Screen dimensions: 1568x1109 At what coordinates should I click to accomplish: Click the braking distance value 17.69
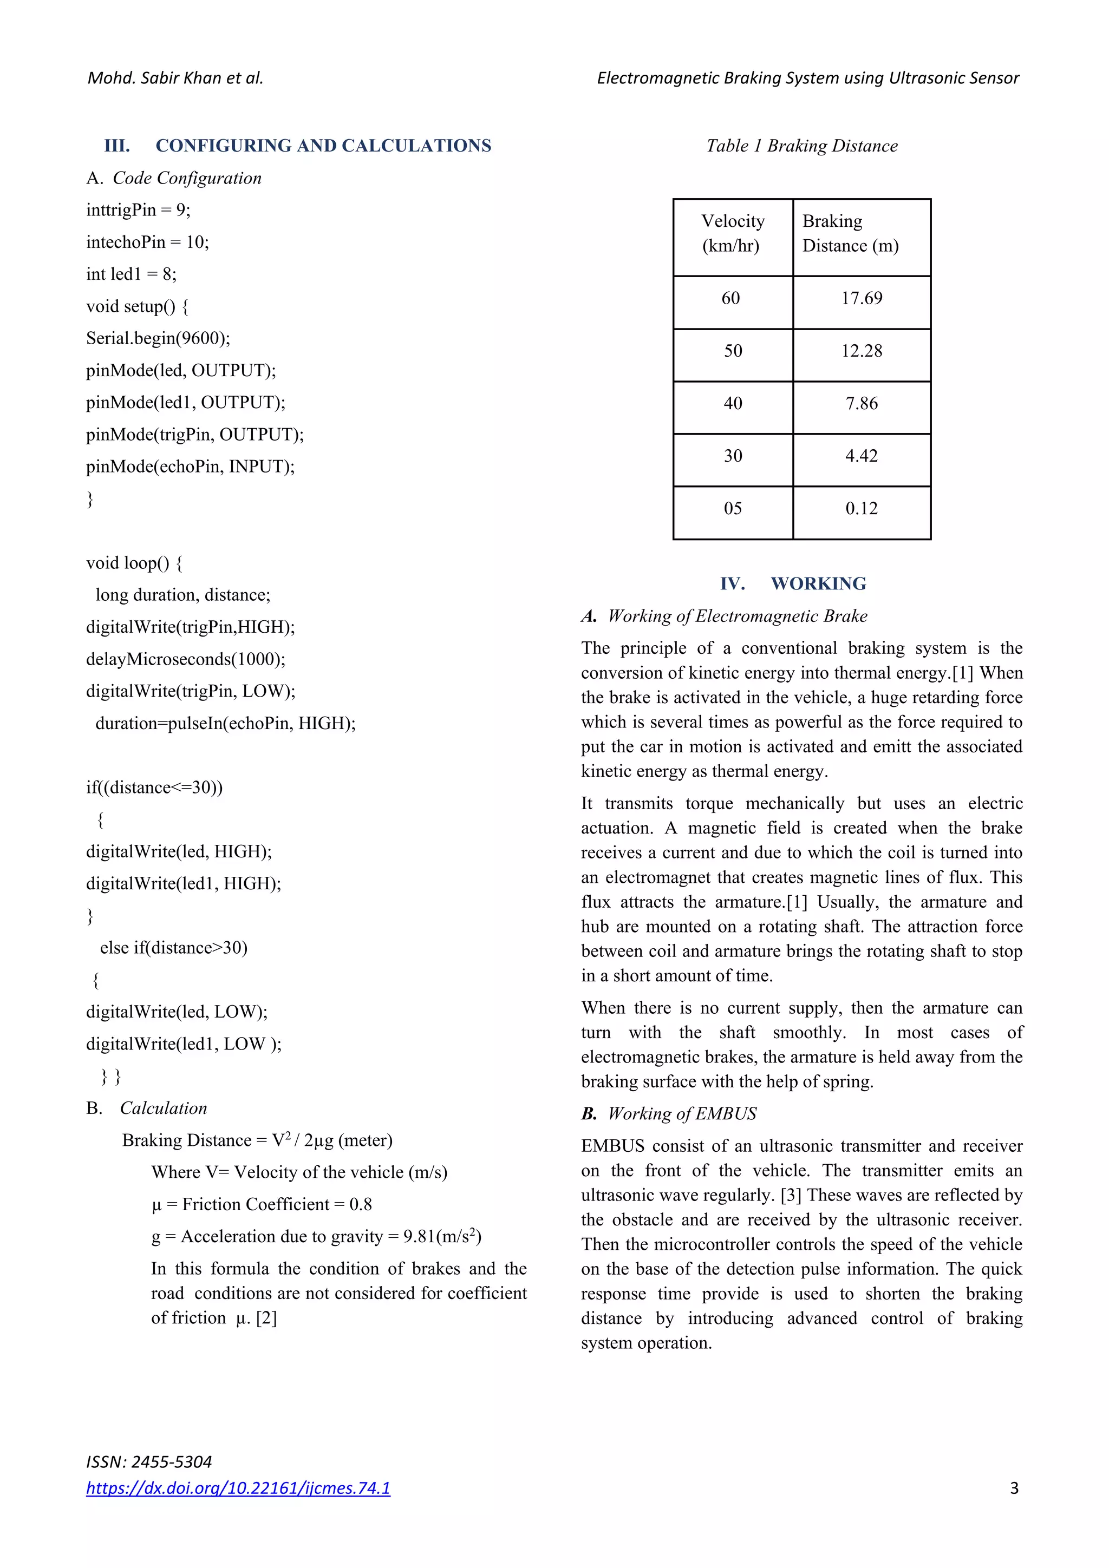pos(861,298)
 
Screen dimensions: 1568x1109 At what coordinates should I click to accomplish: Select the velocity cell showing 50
pos(733,351)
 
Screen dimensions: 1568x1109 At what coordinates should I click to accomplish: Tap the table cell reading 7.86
pos(861,404)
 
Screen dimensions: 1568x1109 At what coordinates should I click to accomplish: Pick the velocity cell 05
pos(733,509)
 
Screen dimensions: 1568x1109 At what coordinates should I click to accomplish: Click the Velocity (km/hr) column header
pos(733,234)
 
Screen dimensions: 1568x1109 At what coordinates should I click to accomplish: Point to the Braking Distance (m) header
pos(850,234)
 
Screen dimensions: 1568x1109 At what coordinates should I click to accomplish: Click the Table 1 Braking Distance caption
pos(801,146)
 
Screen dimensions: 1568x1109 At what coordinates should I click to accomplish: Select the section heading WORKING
pos(818,584)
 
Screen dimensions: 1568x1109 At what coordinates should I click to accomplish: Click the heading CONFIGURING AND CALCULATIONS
pos(323,146)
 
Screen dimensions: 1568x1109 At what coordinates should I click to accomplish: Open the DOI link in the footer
pos(238,1488)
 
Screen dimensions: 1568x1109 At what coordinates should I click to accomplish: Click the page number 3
pos(1014,1488)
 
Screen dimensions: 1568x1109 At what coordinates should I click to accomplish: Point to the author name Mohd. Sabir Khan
pos(175,78)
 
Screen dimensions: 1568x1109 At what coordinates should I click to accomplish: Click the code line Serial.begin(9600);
pos(158,339)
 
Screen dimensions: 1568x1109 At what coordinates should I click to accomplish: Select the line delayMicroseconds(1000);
pos(185,660)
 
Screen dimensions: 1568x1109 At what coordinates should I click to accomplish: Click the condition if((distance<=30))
pos(154,788)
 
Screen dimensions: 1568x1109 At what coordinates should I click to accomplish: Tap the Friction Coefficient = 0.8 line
pos(262,1205)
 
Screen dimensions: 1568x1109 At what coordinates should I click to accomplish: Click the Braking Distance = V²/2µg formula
pos(257,1140)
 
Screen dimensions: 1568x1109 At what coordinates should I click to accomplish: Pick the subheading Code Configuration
pos(186,178)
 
